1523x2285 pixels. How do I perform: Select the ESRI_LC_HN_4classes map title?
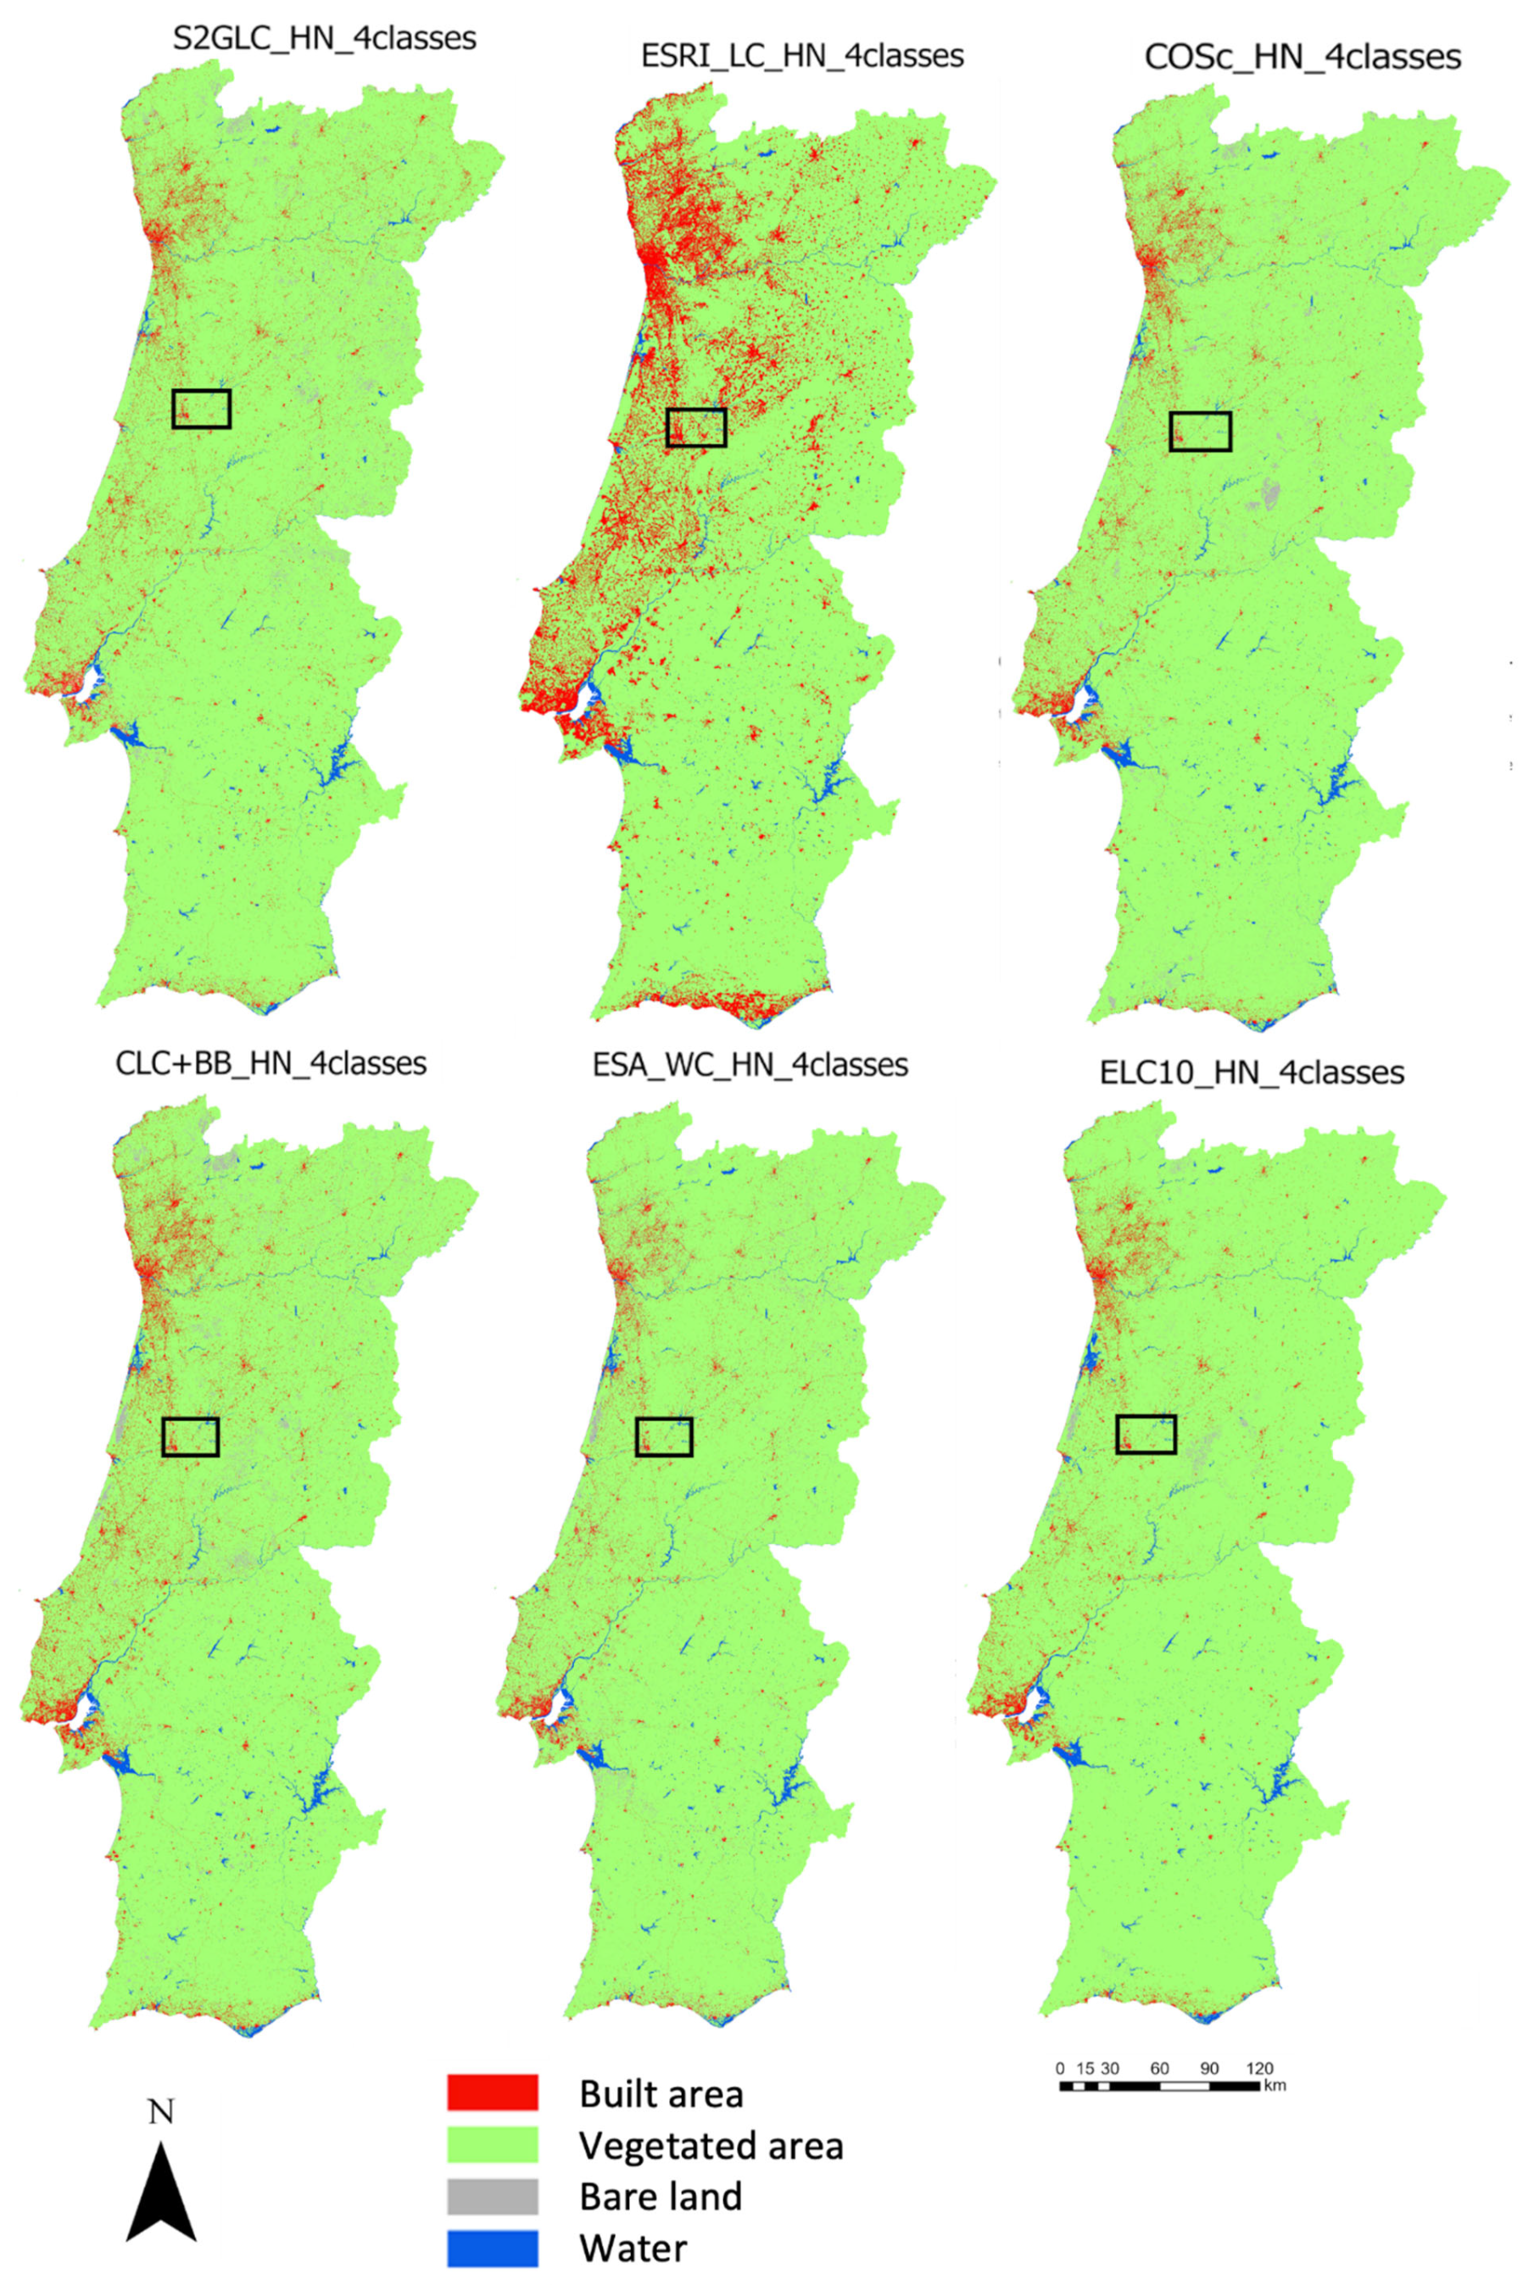[x=802, y=55]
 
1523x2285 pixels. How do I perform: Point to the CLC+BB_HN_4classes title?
[x=271, y=1063]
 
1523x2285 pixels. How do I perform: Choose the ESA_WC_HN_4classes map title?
[x=750, y=1065]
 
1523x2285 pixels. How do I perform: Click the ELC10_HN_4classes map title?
[x=1251, y=1072]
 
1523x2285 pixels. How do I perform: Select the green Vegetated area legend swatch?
[x=493, y=2144]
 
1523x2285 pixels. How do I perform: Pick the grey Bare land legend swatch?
[x=493, y=2196]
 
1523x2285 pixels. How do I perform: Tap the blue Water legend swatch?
[x=493, y=2248]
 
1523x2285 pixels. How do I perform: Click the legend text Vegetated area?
[x=711, y=2145]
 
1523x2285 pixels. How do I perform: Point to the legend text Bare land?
[x=661, y=2197]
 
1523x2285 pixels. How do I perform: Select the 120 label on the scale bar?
[x=1258, y=2069]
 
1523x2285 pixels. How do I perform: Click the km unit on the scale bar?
[x=1275, y=2086]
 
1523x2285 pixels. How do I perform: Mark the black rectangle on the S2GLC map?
[x=201, y=409]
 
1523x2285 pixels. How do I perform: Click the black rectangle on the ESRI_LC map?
[x=696, y=427]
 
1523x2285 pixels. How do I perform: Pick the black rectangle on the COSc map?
[x=1201, y=432]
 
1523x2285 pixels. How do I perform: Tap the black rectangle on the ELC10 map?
[x=1146, y=1435]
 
